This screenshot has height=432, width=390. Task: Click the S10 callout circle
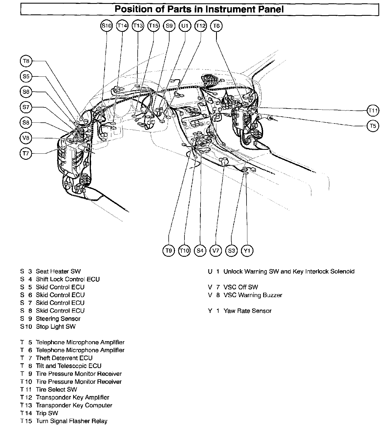tap(106, 26)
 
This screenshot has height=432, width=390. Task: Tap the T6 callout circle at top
tap(217, 26)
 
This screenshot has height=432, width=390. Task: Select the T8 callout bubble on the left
tap(26, 61)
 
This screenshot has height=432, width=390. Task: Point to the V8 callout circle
tap(26, 138)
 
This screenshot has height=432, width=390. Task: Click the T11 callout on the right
tap(373, 111)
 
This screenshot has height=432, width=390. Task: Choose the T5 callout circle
tap(373, 126)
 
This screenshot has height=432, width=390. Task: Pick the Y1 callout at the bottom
tap(247, 251)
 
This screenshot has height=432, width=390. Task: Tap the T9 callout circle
tap(169, 251)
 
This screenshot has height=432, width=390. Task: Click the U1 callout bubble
tap(185, 26)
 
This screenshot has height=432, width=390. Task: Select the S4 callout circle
tap(200, 251)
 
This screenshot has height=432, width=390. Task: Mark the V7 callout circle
tap(216, 251)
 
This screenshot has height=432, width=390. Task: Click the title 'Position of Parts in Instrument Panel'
tap(199, 9)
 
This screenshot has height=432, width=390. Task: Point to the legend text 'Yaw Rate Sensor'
tap(247, 311)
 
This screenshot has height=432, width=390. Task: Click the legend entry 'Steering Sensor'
tap(58, 318)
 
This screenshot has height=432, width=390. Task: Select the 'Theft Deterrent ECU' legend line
tap(64, 358)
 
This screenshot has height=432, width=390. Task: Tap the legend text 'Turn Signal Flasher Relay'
tap(71, 421)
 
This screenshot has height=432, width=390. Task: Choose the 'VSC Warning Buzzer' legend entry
tap(253, 295)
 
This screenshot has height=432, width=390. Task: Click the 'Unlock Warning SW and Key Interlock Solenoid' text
tap(289, 271)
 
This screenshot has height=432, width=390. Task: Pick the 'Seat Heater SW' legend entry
tap(58, 271)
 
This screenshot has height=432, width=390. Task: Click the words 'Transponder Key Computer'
tap(74, 405)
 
